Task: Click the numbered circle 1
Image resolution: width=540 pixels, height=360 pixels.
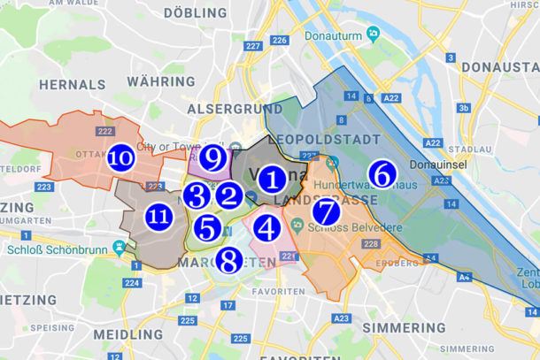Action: [x=273, y=179]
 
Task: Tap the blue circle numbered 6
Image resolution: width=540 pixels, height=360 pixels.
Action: [x=382, y=173]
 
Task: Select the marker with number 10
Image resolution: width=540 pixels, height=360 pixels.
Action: [x=122, y=158]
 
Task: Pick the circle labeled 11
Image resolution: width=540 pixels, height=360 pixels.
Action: [x=159, y=216]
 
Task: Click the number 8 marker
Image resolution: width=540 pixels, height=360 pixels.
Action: [x=229, y=260]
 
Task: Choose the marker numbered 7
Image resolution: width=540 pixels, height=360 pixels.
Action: [x=325, y=212]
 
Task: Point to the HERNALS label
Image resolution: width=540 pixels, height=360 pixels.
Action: [x=71, y=85]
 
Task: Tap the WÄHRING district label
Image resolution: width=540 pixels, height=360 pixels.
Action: [x=159, y=81]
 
